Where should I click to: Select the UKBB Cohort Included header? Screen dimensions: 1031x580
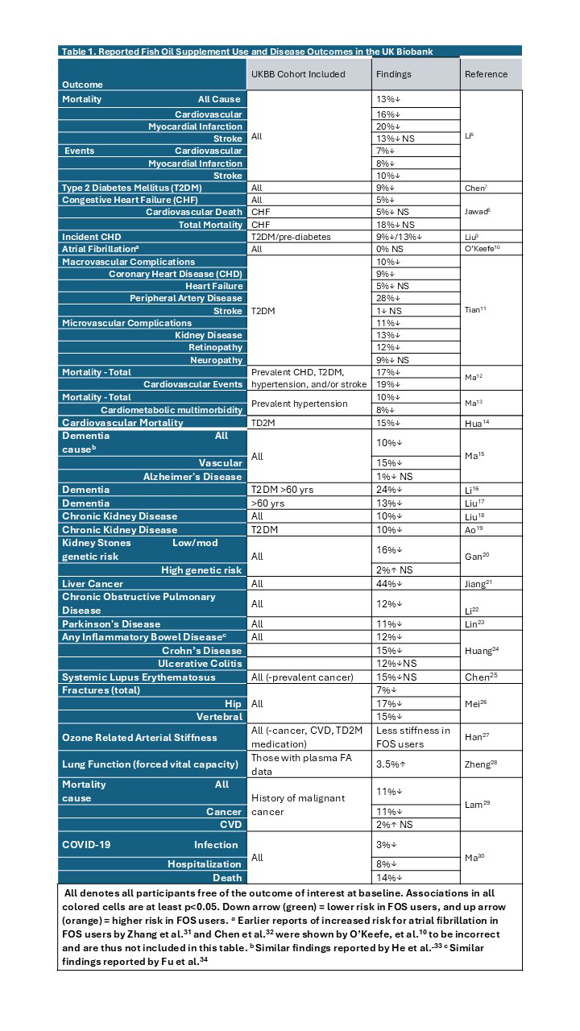click(x=298, y=74)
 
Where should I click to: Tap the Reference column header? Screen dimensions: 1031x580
click(x=486, y=74)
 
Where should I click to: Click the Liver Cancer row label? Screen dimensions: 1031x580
click(x=93, y=583)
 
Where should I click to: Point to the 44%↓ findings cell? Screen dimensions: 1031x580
click(x=388, y=583)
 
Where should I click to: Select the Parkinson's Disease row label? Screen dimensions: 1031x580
click(x=111, y=623)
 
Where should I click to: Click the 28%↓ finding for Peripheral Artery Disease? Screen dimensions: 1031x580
click(x=388, y=298)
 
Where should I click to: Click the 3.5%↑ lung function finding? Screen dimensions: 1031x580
click(x=390, y=764)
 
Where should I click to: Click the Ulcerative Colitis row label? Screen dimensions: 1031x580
click(x=200, y=663)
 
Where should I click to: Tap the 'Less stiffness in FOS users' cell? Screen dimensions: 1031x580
click(x=413, y=737)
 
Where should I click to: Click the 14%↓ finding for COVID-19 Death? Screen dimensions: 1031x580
click(x=388, y=877)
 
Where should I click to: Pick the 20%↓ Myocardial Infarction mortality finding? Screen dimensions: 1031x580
click(x=388, y=126)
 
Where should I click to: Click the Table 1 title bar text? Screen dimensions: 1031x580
click(x=247, y=52)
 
